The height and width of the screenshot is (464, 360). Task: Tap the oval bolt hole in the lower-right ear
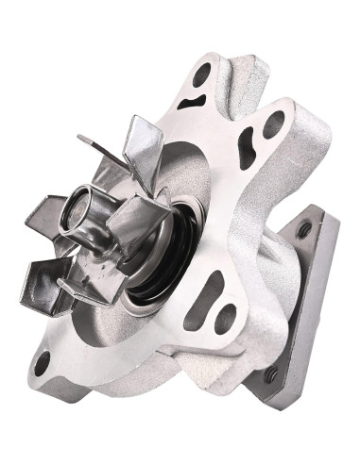pos(225,319)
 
